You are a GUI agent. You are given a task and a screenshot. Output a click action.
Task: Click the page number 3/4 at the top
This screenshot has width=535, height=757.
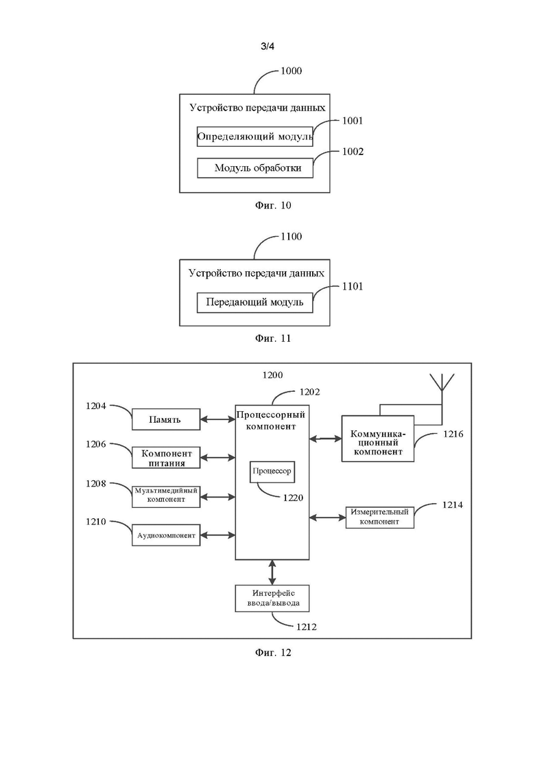point(267,47)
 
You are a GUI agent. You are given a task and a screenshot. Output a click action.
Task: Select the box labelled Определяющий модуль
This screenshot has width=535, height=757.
point(255,137)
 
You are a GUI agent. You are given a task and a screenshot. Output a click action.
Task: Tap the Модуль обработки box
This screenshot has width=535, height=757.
point(255,167)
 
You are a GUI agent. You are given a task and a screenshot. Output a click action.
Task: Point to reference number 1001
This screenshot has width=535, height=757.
point(352,121)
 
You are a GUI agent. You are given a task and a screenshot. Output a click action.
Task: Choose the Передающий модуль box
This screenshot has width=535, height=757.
point(255,303)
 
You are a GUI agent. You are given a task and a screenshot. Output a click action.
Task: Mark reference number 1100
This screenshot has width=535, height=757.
point(291,237)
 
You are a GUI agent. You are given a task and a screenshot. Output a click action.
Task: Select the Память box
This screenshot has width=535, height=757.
point(165,419)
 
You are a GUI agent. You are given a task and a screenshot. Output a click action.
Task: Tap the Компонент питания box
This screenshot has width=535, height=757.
point(165,458)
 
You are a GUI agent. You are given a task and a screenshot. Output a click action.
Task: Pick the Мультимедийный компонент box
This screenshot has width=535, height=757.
point(165,496)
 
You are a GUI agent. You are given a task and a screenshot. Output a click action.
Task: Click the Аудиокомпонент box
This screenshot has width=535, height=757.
point(165,535)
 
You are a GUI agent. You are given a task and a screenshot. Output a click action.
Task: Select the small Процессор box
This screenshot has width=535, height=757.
point(272,471)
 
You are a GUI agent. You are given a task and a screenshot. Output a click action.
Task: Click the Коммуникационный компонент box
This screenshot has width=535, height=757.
point(378,439)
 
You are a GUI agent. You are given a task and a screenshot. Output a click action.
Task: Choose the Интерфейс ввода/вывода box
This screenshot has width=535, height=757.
point(272,598)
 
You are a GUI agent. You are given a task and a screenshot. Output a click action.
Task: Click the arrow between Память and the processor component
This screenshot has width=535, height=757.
point(217,419)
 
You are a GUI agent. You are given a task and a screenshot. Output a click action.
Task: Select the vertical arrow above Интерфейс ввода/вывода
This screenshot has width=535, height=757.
point(272,572)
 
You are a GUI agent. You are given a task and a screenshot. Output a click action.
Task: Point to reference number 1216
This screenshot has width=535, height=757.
point(453,434)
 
